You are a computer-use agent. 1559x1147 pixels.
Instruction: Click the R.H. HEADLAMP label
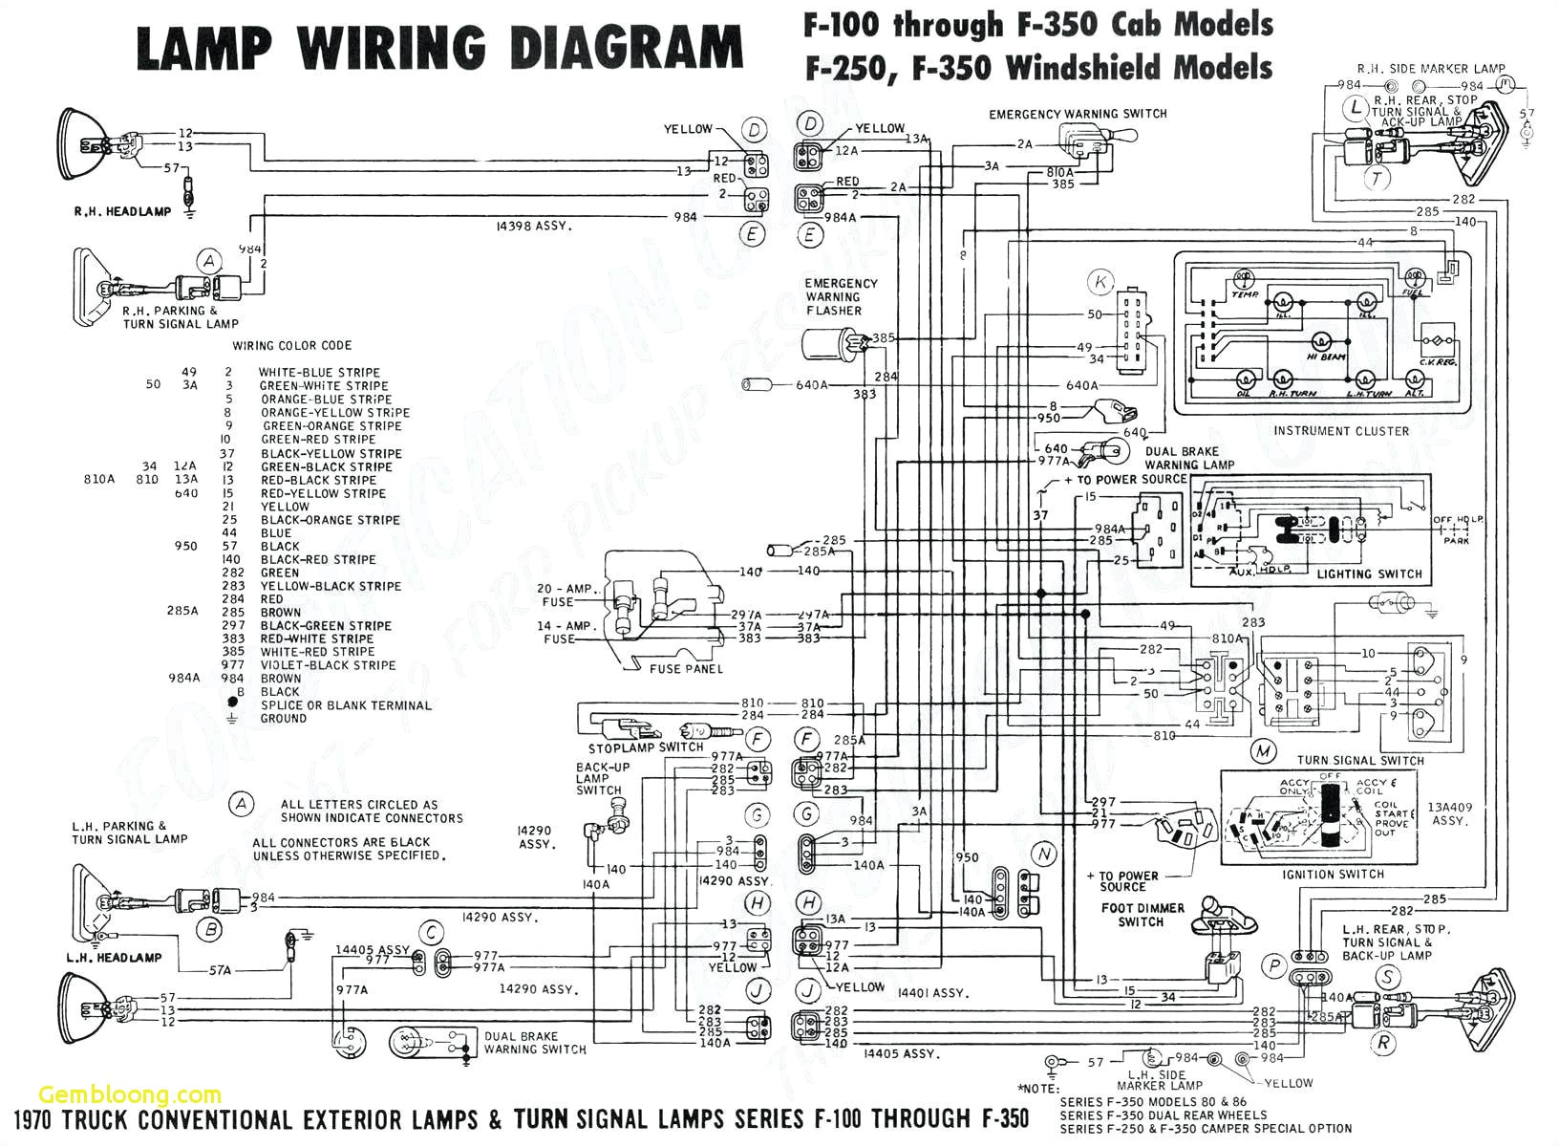(122, 211)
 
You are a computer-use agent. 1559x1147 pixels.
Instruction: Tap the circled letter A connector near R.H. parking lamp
(208, 261)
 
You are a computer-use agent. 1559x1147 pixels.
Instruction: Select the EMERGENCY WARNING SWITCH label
(1078, 114)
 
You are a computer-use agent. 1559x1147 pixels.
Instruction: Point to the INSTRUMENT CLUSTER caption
(1340, 431)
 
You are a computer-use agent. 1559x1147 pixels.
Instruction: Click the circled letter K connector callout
(1101, 282)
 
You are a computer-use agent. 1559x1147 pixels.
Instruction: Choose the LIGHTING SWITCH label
(1369, 574)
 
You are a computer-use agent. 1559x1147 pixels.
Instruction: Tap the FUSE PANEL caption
(685, 669)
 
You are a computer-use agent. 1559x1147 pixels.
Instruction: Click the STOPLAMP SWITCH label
(646, 747)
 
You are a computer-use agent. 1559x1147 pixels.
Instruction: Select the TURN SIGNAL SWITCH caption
(1359, 761)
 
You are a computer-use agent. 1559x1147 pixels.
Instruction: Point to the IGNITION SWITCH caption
(1334, 875)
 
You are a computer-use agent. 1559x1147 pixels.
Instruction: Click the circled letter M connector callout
(1264, 751)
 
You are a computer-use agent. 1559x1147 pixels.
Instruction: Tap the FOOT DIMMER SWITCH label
(1142, 915)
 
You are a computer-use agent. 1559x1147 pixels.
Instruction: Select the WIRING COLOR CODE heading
(291, 345)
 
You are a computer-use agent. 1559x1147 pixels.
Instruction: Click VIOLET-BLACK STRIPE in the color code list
(328, 665)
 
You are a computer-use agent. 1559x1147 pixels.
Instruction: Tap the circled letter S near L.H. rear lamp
(1386, 977)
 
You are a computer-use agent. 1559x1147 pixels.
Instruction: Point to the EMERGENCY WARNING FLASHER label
(841, 297)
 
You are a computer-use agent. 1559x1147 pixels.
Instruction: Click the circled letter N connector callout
(1044, 854)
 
